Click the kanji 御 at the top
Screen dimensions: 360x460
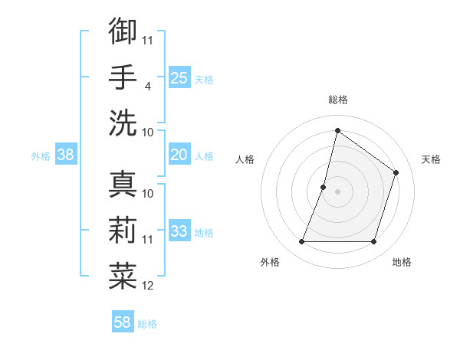pos(123,31)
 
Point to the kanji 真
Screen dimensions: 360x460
pos(123,184)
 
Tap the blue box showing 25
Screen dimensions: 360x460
pos(179,77)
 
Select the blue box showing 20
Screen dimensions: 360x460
pos(179,155)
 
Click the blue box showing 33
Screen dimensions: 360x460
pos(179,231)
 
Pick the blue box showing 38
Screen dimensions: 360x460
pos(65,155)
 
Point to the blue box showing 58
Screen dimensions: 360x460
pos(123,322)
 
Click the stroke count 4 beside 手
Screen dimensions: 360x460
pos(147,87)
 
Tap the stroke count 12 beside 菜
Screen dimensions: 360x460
pos(148,286)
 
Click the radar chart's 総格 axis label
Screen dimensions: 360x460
pos(337,100)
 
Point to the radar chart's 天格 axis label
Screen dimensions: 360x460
pos(431,159)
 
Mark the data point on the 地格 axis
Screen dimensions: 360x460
pos(373,242)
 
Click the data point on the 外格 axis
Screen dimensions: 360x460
pos(301,242)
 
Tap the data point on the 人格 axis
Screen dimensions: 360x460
pos(323,187)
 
